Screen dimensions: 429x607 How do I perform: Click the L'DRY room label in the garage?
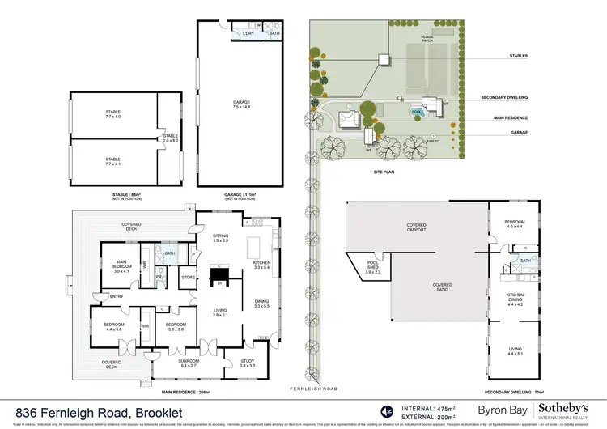pos(248,33)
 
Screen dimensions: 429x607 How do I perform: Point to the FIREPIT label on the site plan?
pos(432,140)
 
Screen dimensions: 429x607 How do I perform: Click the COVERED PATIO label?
pos(442,285)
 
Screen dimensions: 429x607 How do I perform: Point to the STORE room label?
pos(189,277)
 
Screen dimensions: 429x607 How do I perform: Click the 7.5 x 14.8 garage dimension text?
pos(242,106)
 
